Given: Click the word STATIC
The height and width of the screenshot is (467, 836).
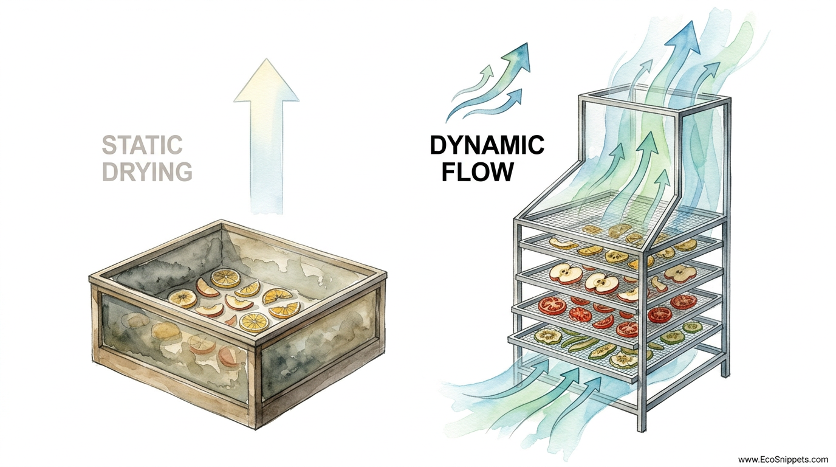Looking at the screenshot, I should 142,146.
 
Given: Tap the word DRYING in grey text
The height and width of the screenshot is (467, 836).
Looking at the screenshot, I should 147,172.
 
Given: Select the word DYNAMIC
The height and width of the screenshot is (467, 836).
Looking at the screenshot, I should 487,146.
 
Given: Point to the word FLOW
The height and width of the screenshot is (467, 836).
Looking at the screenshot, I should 478,172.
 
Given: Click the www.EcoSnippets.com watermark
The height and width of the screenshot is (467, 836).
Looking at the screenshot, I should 783,460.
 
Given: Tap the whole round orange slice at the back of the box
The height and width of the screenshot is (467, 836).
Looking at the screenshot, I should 225,278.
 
